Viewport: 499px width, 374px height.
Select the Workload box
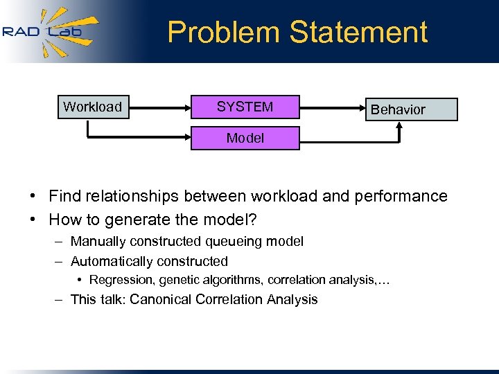(x=93, y=107)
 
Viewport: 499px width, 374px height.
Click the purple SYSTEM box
(x=245, y=107)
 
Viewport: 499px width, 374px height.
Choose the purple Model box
(x=245, y=138)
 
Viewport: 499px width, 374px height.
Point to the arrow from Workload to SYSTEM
(x=159, y=107)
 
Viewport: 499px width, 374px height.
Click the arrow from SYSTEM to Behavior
(x=333, y=107)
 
